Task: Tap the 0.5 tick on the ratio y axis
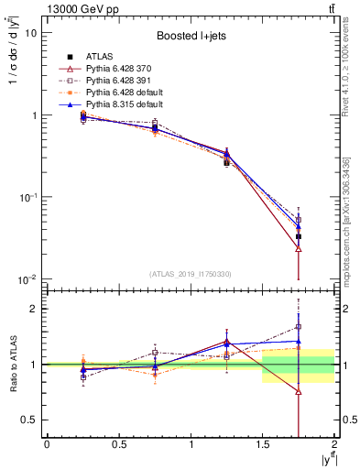[28, 420]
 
